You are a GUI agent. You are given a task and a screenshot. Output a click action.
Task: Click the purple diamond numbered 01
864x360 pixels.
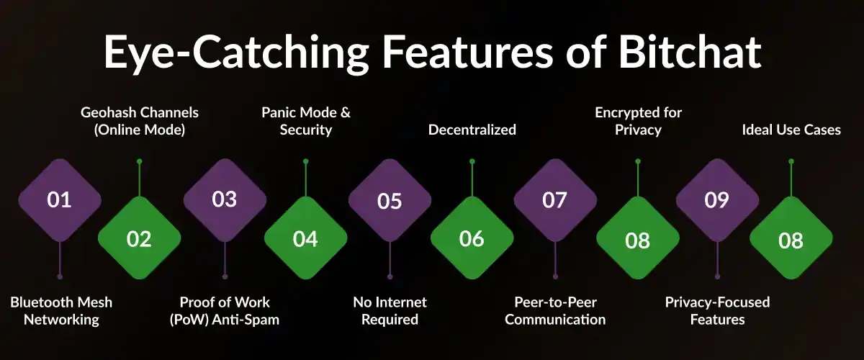pos(59,199)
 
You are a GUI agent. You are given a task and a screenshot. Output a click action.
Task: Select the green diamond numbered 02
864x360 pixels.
pos(139,239)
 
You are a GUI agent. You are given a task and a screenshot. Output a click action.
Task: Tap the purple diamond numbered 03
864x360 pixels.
pos(225,199)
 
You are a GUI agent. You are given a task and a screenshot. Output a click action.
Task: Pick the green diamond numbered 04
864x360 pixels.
pos(305,239)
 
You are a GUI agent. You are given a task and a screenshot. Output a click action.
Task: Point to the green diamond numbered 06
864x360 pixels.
pos(472,239)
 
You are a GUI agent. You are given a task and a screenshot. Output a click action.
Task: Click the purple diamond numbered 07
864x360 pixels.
pos(554,199)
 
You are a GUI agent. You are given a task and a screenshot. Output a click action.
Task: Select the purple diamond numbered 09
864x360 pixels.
pos(717,199)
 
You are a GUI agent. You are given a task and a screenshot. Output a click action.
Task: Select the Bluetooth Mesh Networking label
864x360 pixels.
pos(61,310)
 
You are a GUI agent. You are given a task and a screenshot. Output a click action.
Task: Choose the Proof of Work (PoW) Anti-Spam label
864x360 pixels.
pos(225,310)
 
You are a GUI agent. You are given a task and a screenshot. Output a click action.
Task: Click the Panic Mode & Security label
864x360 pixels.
pos(306,121)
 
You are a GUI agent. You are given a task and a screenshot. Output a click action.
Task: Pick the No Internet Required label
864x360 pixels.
pos(390,310)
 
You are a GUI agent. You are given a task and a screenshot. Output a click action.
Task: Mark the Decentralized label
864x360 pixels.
pos(472,130)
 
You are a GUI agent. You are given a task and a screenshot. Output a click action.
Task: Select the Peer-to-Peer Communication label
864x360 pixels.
pos(555,310)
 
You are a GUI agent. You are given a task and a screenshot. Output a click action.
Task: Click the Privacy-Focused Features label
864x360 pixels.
pos(717,310)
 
